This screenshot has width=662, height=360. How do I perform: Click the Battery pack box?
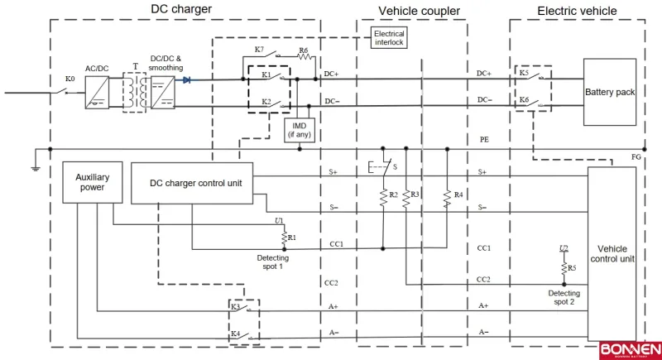point(610,92)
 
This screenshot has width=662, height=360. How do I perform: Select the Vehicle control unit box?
point(612,253)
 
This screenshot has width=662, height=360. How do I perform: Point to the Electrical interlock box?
point(389,37)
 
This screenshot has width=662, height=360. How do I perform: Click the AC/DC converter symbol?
point(97,92)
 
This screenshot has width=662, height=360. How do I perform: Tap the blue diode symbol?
point(187,80)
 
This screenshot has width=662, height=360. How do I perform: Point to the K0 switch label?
point(70,80)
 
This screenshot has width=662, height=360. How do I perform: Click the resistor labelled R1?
point(285,238)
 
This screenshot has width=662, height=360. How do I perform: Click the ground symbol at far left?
point(36,168)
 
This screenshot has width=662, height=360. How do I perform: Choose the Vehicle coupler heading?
point(420,11)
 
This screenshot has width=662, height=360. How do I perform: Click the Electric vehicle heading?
point(577,11)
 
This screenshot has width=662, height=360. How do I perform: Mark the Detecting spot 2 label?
point(564,298)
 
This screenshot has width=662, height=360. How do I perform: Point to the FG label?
point(636,157)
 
